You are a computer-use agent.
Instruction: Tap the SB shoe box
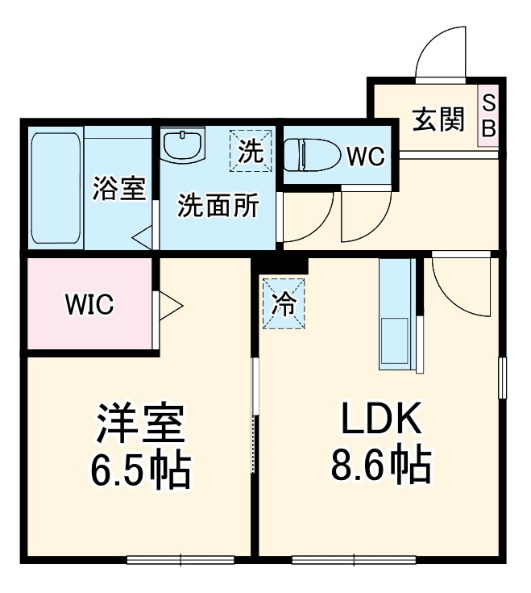coord(488,115)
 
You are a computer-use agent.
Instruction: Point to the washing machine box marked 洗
coord(250,151)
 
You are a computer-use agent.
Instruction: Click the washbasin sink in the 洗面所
coord(184,146)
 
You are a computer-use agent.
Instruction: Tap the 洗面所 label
coord(218,206)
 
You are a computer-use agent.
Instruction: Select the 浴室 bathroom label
coord(118,189)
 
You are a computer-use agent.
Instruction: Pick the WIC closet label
coord(89,305)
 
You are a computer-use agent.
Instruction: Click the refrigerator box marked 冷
coord(283,303)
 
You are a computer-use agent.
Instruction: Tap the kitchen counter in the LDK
coord(396,315)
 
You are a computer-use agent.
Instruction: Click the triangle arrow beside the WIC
coord(171,305)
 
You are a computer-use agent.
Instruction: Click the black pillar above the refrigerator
coord(283,264)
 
